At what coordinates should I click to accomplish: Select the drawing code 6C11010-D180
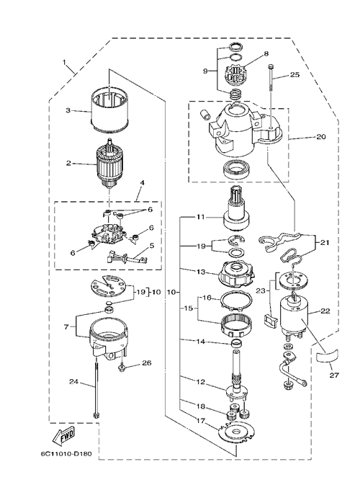coord(66,453)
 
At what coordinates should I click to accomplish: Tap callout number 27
coord(334,375)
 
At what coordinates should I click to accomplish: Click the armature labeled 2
coord(109,164)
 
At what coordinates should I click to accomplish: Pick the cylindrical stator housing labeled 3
coord(109,110)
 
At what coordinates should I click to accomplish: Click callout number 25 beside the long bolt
coord(294,75)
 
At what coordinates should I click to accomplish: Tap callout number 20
coord(321,137)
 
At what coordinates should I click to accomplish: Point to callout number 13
coord(200,272)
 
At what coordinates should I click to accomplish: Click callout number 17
coord(200,422)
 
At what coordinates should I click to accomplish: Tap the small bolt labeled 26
coord(122,368)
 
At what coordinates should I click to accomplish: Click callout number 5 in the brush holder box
coord(152,246)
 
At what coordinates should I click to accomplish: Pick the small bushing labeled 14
coord(237,343)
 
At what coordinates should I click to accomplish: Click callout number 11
coord(200,217)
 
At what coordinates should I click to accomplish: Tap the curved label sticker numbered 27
coord(328,355)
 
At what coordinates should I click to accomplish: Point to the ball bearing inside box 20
coord(237,169)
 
